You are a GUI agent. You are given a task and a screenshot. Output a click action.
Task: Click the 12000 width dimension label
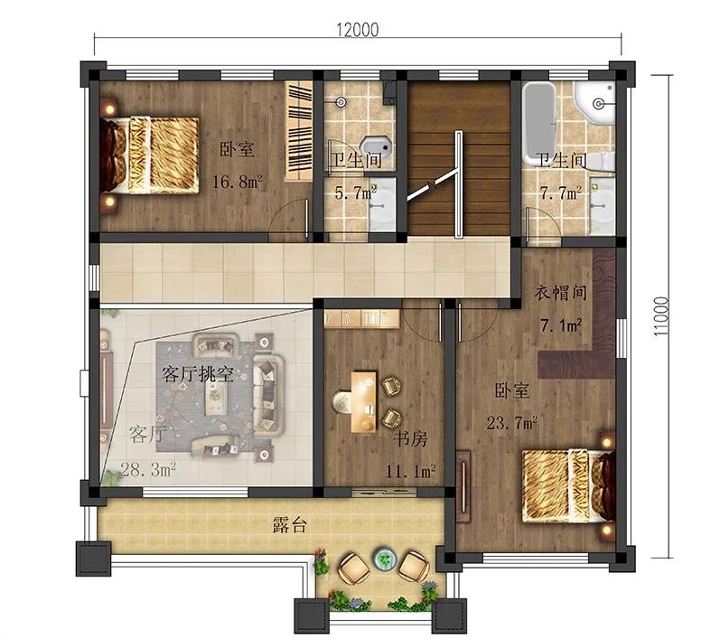357,30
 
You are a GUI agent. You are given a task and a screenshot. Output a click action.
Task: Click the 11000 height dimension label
661,317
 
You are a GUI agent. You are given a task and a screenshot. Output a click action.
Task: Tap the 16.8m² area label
237,182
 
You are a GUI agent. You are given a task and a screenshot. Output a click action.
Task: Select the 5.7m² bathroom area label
356,193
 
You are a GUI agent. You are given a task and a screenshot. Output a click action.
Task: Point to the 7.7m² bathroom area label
561,193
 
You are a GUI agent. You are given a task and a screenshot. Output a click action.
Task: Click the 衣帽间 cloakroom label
561,293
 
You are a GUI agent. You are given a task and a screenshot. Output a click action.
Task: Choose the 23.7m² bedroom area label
512,423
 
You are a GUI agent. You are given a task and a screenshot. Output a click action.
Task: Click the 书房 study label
410,439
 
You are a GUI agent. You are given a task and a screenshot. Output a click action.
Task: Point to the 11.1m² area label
410,471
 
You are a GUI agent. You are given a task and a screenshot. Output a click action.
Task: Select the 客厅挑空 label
198,374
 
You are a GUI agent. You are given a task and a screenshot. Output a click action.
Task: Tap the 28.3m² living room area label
148,470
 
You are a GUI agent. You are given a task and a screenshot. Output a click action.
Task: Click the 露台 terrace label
290,525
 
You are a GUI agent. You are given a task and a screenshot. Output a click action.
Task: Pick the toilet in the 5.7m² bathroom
377,146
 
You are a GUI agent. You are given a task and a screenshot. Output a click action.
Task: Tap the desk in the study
363,402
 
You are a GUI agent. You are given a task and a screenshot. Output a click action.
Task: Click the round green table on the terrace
385,559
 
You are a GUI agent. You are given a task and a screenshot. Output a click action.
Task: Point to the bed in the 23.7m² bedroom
569,486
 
